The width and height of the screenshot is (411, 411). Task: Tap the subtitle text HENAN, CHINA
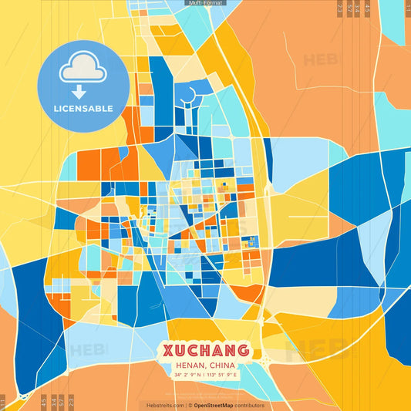tap(205, 366)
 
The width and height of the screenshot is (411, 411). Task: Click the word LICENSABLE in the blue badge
tap(83, 109)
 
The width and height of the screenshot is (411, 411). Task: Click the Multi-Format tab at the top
tap(205, 3)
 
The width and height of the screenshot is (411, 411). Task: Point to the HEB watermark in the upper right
tap(319, 59)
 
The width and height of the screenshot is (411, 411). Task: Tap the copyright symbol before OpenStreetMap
tap(190, 405)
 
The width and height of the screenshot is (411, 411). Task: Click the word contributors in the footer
tap(250, 405)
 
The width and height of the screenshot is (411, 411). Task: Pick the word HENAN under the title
tap(188, 366)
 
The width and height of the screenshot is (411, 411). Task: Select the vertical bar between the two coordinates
tap(205, 375)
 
